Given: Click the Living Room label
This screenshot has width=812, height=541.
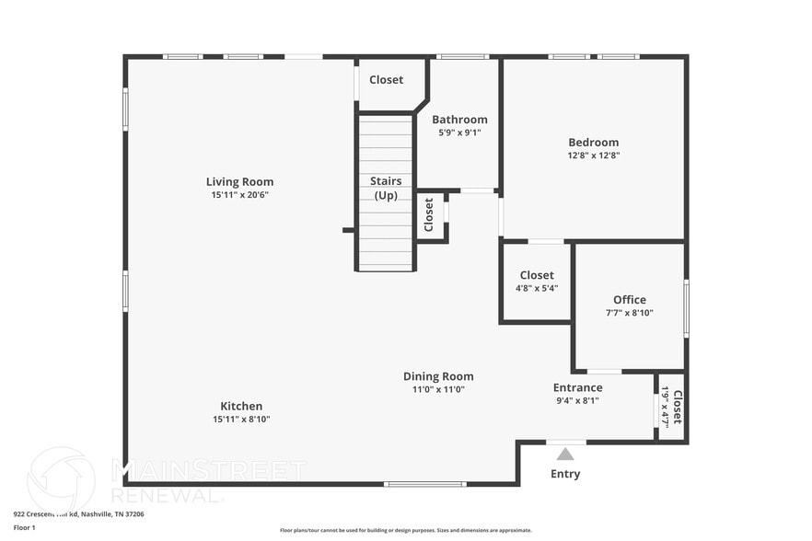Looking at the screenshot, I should pos(239,181).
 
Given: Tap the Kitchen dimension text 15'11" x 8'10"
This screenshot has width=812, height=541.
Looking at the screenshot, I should pos(241,420).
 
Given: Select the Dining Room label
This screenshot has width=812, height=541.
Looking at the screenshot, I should pos(438,376).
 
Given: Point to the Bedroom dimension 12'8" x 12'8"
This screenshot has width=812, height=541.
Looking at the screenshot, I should pos(593,155).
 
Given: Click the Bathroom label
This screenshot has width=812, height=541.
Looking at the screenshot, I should pos(459,120).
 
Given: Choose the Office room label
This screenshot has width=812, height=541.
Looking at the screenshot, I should pos(630,299).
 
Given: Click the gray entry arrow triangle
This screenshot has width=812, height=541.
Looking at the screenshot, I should pos(565,454).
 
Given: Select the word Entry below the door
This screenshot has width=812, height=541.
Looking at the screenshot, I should pos(565,474).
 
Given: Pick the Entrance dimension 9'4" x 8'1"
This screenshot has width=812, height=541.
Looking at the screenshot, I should pos(577,400).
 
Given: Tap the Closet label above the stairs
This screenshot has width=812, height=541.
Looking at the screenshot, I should pos(386,80).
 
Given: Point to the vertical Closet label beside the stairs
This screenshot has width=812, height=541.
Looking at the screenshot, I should pos(429,214).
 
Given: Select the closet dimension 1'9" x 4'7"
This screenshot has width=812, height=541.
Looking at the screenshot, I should pos(665,406).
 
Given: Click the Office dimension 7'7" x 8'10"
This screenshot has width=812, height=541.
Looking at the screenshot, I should pos(630,313).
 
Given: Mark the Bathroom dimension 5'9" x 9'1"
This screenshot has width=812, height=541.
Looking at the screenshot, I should pos(459,132).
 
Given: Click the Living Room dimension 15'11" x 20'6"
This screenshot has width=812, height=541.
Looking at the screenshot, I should pos(239,195).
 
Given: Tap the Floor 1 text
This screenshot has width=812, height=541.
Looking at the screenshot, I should pos(24,528).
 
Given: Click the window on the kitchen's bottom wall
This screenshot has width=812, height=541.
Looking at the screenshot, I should pos(424,484).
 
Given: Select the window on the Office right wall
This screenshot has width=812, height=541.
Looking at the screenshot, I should pos(686,308).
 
